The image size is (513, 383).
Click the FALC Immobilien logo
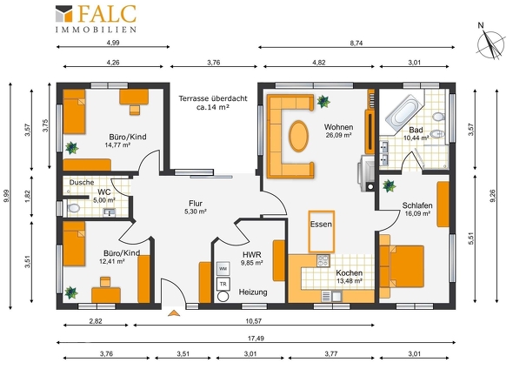point(96,19)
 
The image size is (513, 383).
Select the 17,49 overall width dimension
point(256,339)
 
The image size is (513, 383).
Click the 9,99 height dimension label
point(7,196)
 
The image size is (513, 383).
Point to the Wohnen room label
point(338,127)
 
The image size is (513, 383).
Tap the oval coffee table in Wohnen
point(298,137)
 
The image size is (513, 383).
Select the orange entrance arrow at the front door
point(174,312)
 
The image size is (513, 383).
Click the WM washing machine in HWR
point(223,269)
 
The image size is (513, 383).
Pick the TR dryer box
point(223,284)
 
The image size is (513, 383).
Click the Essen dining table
point(322,232)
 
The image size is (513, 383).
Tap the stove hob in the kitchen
point(323,261)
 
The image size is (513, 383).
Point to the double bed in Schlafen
point(402,266)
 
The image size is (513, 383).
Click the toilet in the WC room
point(74,208)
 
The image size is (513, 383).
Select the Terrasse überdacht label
point(213,98)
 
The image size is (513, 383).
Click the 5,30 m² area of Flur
point(196,212)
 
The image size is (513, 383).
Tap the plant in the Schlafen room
point(389,186)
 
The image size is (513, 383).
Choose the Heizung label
point(253,292)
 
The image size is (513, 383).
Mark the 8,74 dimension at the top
point(356,43)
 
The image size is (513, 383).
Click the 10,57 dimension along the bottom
point(254,321)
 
